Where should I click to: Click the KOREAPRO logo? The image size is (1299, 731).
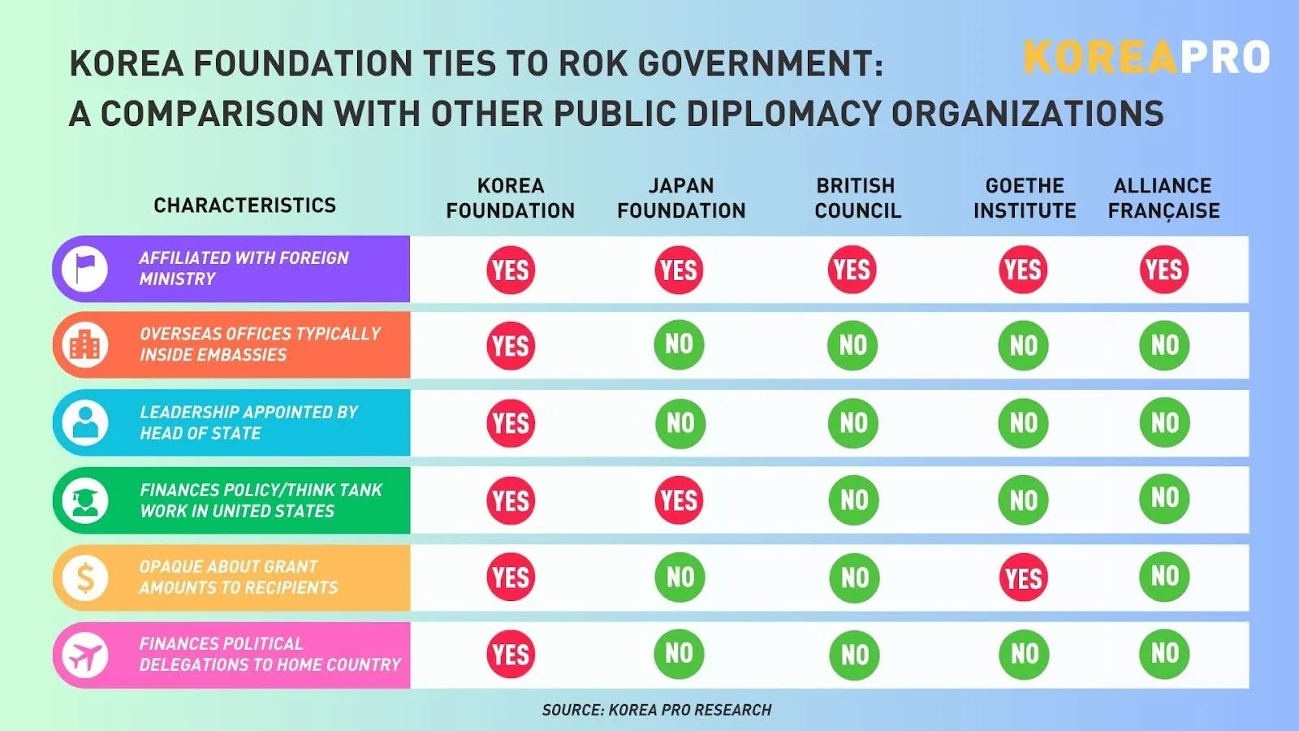pyautogui.click(x=1146, y=57)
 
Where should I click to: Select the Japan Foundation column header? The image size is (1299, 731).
pyautogui.click(x=681, y=198)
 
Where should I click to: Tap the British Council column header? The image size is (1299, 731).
pyautogui.click(x=857, y=198)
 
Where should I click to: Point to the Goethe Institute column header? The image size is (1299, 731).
pyautogui.click(x=1025, y=198)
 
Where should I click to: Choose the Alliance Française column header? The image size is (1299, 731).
pyautogui.click(x=1163, y=198)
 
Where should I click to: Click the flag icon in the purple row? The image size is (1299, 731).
pyautogui.click(x=85, y=269)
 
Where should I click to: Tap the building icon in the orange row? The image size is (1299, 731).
pyautogui.click(x=85, y=345)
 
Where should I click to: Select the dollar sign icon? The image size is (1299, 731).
pyautogui.click(x=85, y=577)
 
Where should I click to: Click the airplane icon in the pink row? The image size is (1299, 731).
pyautogui.click(x=85, y=655)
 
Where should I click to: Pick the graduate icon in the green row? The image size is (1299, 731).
pyautogui.click(x=85, y=500)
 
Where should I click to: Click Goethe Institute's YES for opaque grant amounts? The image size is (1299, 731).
pyautogui.click(x=1023, y=578)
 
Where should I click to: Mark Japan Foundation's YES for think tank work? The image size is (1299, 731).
pyautogui.click(x=679, y=500)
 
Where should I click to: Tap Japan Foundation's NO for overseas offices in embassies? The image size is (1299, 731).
pyautogui.click(x=679, y=344)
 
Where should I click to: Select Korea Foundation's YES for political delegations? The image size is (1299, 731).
pyautogui.click(x=511, y=655)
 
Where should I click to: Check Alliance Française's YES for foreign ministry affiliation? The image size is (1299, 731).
pyautogui.click(x=1164, y=270)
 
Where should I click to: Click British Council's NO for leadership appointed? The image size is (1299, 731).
pyautogui.click(x=853, y=422)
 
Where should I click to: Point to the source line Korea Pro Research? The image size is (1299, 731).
pyautogui.click(x=657, y=710)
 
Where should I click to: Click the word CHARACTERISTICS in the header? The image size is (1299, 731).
pyautogui.click(x=244, y=205)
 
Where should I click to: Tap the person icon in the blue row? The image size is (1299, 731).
pyautogui.click(x=85, y=422)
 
